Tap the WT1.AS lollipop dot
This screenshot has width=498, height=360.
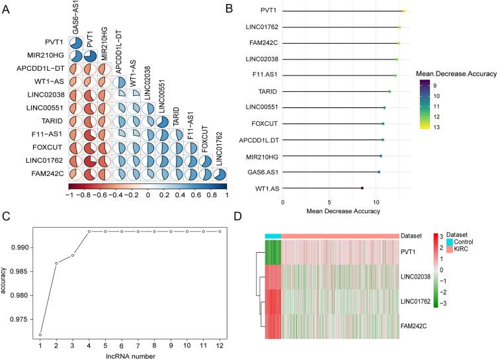pyautogui.click(x=362, y=188)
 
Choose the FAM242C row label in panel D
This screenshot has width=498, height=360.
pyautogui.click(x=416, y=327)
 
